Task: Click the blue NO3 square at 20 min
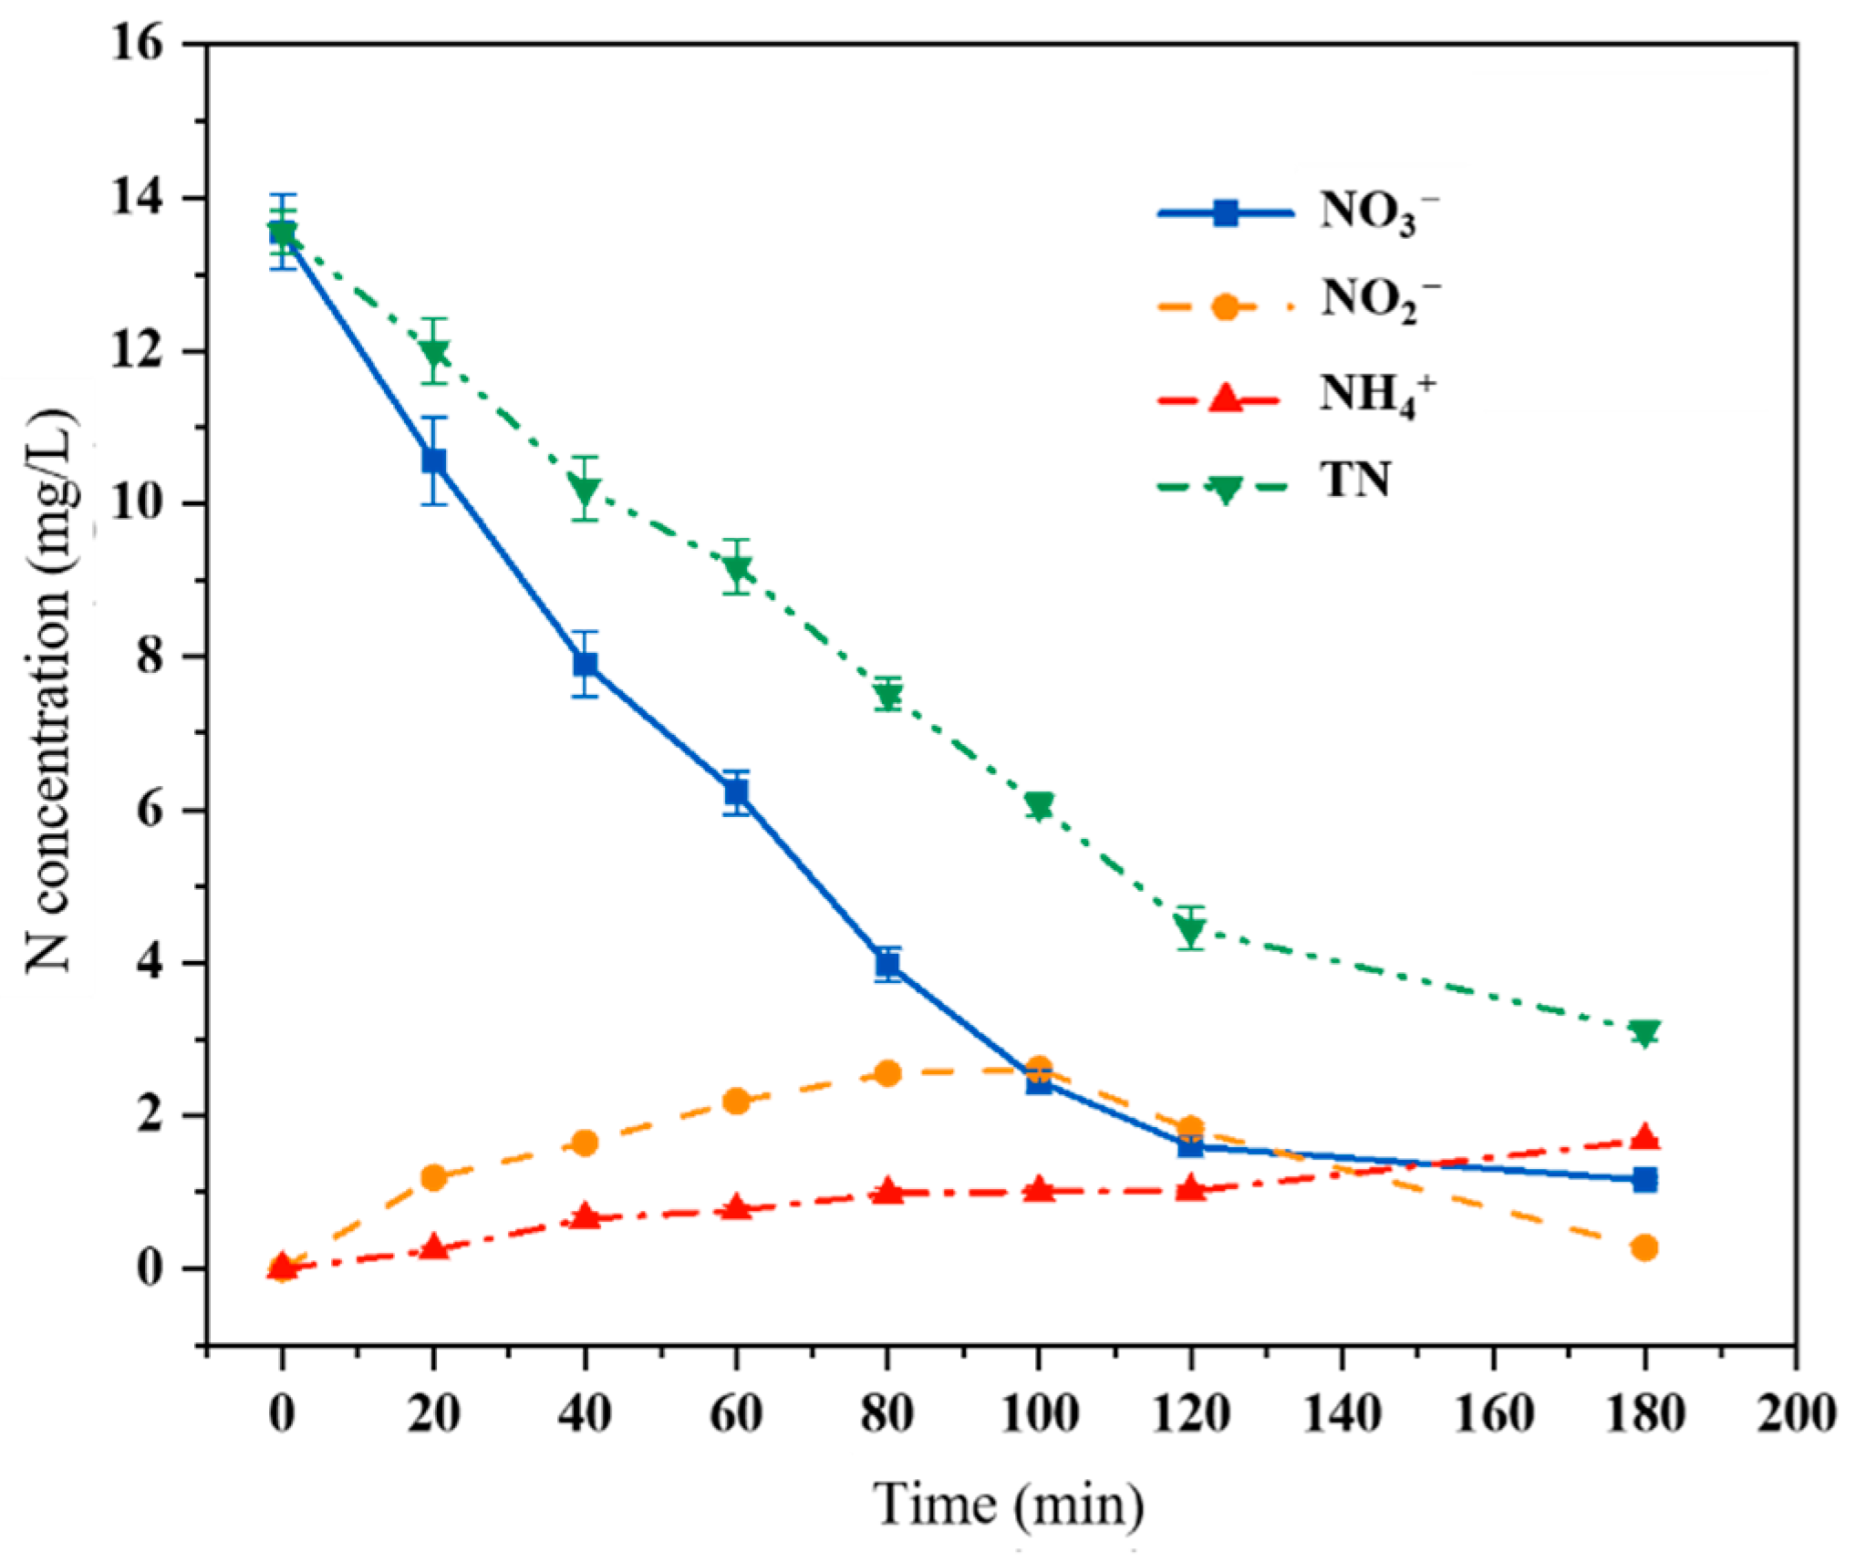[434, 461]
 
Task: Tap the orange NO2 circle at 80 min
[887, 1073]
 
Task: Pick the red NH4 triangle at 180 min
[1644, 1137]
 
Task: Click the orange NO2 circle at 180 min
[1644, 1247]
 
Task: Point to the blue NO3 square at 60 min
[737, 793]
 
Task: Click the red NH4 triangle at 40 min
[586, 1216]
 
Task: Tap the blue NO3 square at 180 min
[1644, 1180]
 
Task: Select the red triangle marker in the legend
[1225, 398]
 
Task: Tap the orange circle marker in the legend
[1225, 306]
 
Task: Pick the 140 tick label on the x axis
[1342, 1416]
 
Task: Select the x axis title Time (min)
[1009, 1505]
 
